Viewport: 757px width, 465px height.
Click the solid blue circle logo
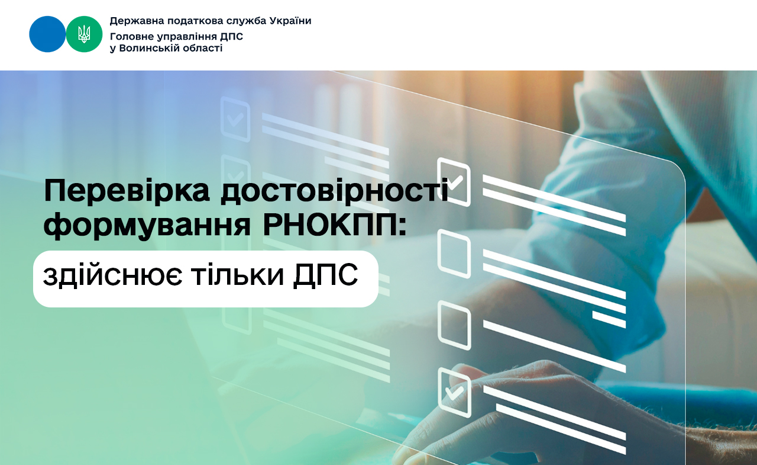pyautogui.click(x=47, y=34)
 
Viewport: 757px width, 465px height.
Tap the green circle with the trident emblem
pyautogui.click(x=84, y=34)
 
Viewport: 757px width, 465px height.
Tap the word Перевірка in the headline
pyautogui.click(x=127, y=191)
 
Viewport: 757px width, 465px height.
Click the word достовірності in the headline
pyautogui.click(x=335, y=191)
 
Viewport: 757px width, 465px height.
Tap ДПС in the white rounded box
pyautogui.click(x=325, y=276)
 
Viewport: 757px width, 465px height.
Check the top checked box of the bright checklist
pyautogui.click(x=454, y=182)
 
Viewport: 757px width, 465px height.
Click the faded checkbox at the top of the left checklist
pyautogui.click(x=235, y=119)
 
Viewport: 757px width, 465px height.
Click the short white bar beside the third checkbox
pyautogui.click(x=609, y=319)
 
